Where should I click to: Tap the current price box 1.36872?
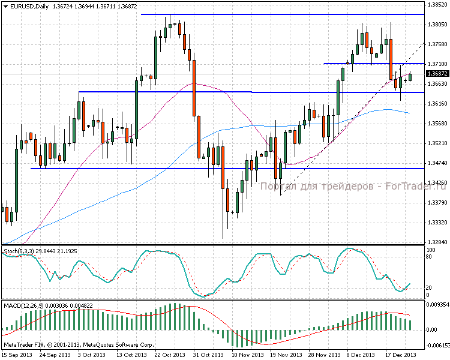click(436, 74)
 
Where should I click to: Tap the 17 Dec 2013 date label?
click(401, 355)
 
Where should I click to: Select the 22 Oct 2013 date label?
click(169, 355)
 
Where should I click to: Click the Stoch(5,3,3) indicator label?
click(18, 250)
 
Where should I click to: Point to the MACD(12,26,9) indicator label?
click(22, 306)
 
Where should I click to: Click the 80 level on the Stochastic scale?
click(430, 256)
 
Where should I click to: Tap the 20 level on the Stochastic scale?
click(430, 286)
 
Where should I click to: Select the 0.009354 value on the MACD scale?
click(437, 305)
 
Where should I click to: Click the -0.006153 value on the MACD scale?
click(437, 346)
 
